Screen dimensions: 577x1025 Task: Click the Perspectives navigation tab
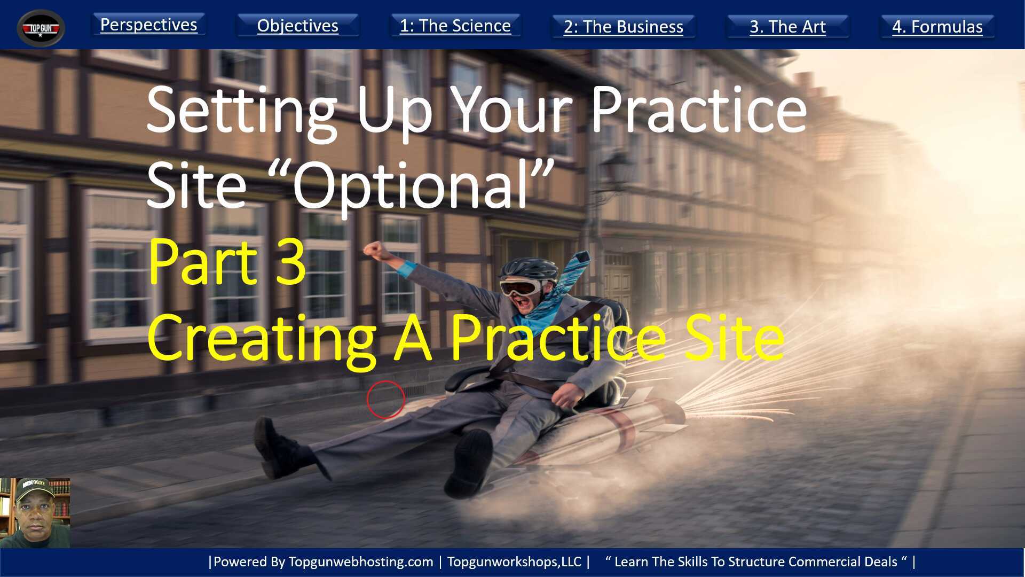pos(148,25)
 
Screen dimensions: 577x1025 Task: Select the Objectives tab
pos(297,26)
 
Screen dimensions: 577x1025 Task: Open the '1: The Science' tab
pos(455,26)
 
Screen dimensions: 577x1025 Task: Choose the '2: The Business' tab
pos(623,27)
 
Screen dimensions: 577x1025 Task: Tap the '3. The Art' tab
pos(787,27)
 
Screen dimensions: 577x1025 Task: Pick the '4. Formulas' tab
pos(937,27)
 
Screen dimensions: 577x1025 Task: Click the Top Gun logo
pos(41,28)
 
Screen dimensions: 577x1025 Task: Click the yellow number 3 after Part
pos(291,262)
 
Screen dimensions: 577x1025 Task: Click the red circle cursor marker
pos(385,399)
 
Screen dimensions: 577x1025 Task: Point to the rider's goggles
pos(519,287)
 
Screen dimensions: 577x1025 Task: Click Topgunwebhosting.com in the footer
pos(360,562)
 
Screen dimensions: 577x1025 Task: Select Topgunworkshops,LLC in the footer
pos(514,562)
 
